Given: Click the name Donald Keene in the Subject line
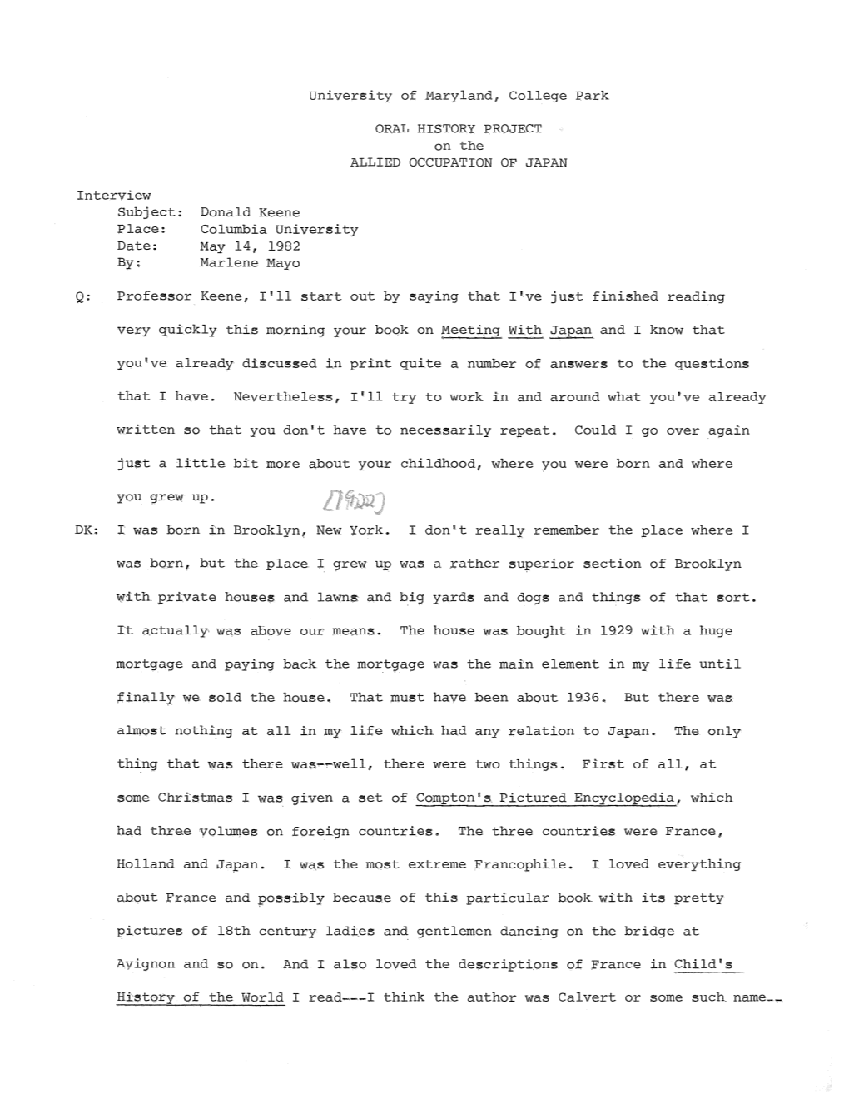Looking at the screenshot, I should point(250,212).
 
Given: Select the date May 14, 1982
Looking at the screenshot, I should point(250,246).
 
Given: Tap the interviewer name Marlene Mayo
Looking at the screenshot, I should point(250,263).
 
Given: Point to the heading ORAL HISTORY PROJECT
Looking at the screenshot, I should point(458,129).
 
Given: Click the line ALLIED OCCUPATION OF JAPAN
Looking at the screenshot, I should point(458,162).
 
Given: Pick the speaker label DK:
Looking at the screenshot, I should point(87,530).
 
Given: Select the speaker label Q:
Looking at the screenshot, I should point(82,297).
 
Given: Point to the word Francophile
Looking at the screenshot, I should point(524,864).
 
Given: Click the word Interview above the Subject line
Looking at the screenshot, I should point(113,196).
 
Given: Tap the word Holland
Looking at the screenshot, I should point(146,864).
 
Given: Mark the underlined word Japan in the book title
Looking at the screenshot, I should point(571,331).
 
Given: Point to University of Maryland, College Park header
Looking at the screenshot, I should point(458,96).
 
